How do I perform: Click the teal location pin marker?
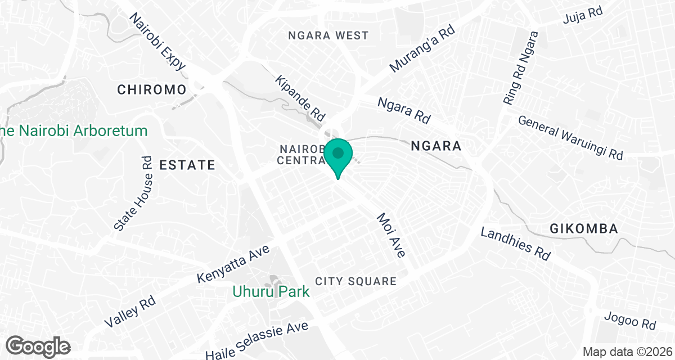click(x=338, y=156)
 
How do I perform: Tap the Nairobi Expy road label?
click(x=157, y=42)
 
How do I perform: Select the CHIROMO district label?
click(x=151, y=89)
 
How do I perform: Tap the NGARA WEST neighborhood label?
click(x=328, y=35)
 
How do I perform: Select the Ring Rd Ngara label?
click(x=521, y=68)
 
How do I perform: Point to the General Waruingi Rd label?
click(x=571, y=138)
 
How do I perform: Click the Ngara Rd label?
click(x=404, y=110)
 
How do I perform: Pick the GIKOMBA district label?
click(x=584, y=229)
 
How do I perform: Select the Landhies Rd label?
click(x=515, y=243)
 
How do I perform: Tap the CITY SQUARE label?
click(x=356, y=281)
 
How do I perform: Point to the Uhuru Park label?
click(x=272, y=291)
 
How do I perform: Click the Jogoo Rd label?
click(x=630, y=320)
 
